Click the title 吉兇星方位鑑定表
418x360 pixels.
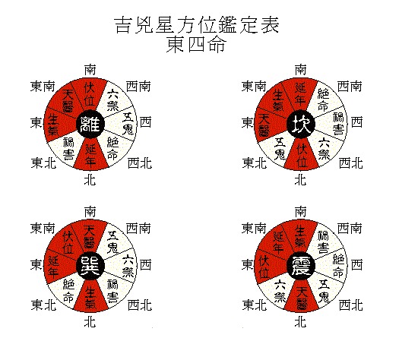(197, 25)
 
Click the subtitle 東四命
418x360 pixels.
(197, 44)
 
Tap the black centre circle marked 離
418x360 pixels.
(90, 124)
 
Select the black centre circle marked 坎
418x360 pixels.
(301, 124)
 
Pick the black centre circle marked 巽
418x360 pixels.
(90, 266)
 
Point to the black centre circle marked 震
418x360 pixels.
(301, 266)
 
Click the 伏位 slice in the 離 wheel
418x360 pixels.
(90, 95)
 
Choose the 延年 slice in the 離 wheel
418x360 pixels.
(90, 154)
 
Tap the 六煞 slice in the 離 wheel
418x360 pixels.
(113, 100)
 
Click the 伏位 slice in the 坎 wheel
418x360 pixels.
(302, 154)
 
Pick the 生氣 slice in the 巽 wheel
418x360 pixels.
(90, 295)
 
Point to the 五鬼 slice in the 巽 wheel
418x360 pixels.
(113, 242)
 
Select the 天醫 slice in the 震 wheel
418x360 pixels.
(302, 295)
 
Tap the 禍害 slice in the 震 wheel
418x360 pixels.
(323, 242)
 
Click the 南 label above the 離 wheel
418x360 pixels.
(90, 70)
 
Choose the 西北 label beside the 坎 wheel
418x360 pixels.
(351, 163)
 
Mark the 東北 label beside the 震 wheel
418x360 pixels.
(255, 305)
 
